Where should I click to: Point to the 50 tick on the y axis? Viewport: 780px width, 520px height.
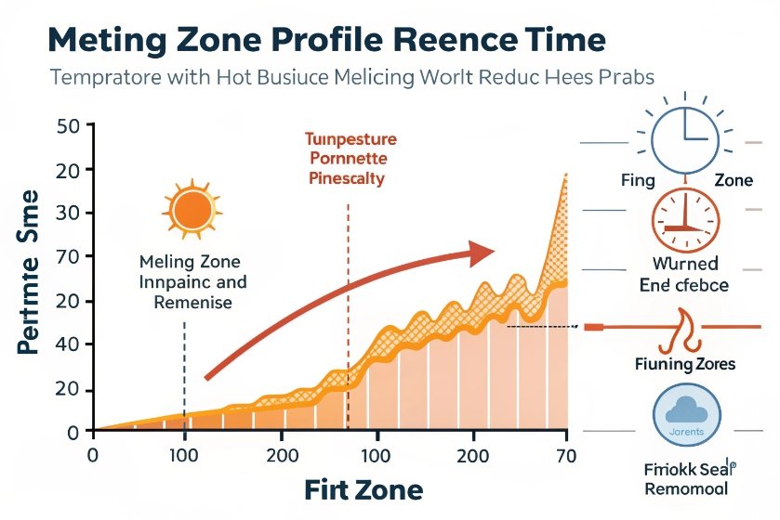pos(71,126)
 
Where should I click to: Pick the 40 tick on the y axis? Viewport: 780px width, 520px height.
pos(71,344)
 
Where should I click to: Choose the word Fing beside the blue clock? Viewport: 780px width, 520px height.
pos(637,180)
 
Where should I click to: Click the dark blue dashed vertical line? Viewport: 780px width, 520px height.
pos(185,371)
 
